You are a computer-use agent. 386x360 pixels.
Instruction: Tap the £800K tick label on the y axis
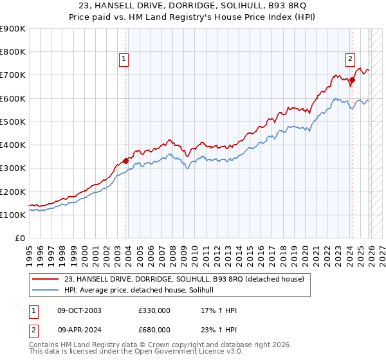pos(13,52)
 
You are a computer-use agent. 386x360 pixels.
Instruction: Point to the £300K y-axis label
pos(13,168)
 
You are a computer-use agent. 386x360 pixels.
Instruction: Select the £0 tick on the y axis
pos(20,239)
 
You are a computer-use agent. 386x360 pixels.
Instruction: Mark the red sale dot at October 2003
pos(125,161)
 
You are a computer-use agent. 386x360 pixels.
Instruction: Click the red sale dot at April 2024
pos(352,80)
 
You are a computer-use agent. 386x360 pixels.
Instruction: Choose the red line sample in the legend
pos(46,278)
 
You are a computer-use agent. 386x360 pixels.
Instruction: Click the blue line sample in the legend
pos(46,290)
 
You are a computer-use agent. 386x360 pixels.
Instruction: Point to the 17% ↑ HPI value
pos(219,310)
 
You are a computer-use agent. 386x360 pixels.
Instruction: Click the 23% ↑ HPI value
pos(219,329)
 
